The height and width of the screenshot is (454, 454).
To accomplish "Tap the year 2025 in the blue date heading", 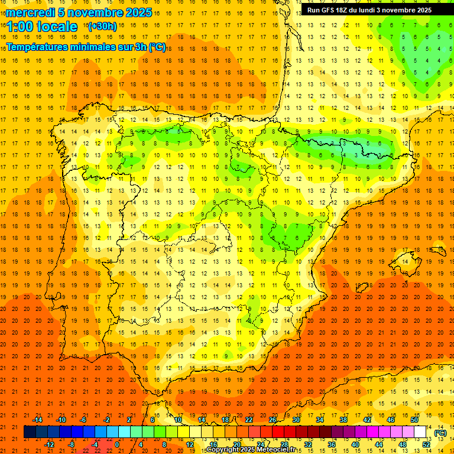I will [x=138, y=12].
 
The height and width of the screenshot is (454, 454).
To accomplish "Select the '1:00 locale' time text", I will [x=42, y=27].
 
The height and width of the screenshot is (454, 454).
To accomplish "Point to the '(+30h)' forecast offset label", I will [x=102, y=27].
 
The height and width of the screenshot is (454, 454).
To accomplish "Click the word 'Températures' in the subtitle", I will [x=41, y=47].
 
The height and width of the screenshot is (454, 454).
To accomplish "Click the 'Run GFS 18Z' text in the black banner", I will [x=332, y=10].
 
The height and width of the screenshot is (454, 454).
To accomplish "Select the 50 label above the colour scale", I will [x=414, y=420].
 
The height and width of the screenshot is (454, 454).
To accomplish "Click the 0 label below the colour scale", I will [x=116, y=445].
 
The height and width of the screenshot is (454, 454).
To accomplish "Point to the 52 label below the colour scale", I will [x=426, y=445].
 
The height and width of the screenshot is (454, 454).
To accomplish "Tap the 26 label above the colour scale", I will [x=273, y=420].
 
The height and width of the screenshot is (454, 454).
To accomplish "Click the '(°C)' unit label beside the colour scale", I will [x=440, y=433].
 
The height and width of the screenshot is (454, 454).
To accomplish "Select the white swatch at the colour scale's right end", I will [x=420, y=432].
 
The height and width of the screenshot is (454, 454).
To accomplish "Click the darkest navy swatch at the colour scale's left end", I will [x=30, y=432].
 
